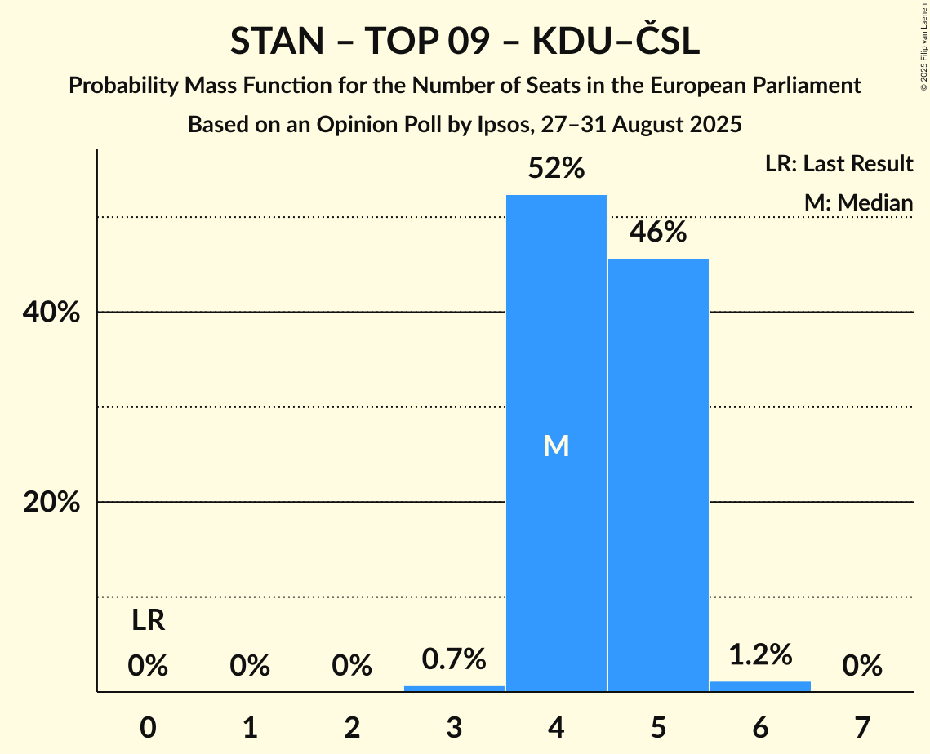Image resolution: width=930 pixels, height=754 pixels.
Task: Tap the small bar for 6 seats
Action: click(760, 686)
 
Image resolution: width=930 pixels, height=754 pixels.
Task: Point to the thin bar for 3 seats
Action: click(454, 689)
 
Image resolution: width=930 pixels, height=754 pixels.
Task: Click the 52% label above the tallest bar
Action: click(556, 169)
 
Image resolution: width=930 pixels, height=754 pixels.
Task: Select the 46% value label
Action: click(658, 233)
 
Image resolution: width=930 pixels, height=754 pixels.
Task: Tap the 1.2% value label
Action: click(760, 654)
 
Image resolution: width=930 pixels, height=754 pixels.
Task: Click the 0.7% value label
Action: click(454, 659)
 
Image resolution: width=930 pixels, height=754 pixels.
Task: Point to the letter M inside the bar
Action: click(556, 446)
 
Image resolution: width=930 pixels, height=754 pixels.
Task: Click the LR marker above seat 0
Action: click(149, 621)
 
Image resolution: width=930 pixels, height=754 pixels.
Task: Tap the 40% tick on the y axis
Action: click(51, 313)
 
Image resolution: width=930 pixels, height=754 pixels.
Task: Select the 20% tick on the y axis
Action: click(51, 503)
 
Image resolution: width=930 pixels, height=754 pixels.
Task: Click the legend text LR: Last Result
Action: click(839, 164)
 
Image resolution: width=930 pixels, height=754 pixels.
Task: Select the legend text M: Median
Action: click(858, 202)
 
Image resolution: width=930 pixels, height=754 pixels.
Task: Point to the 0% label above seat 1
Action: click(250, 667)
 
